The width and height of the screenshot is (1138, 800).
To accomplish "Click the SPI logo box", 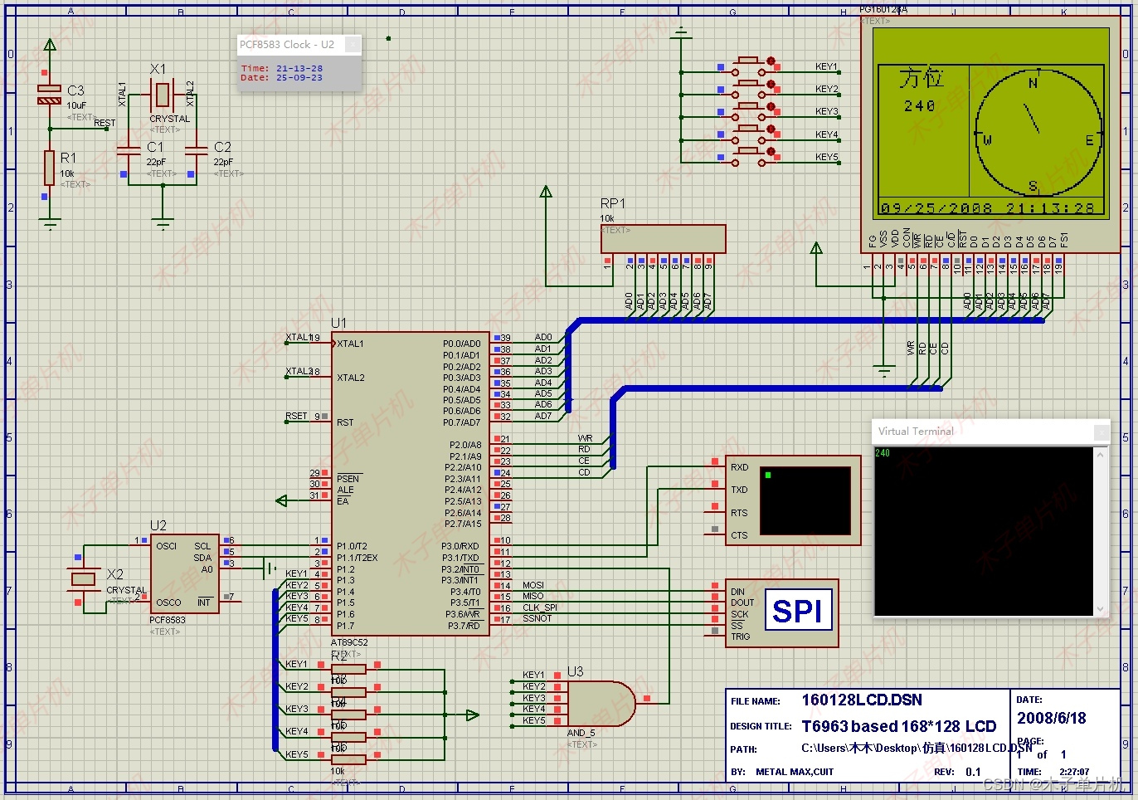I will coord(798,611).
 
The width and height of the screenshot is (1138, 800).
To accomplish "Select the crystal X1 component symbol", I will coord(163,94).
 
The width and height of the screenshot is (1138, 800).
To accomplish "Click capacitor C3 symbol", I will coord(50,95).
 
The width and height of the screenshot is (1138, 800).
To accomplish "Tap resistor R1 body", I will coord(50,168).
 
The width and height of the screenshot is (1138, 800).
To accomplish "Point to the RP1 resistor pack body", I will coord(663,239).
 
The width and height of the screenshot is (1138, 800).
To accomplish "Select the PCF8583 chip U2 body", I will coord(184,573).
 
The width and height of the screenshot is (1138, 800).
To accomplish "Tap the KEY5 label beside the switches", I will coord(826,157).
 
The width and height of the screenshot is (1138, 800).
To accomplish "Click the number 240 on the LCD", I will coord(919,106).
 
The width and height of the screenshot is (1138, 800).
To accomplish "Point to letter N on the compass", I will coord(1033,83).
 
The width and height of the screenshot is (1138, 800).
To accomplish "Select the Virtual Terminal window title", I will coord(916,432).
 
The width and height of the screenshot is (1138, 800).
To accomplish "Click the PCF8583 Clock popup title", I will coord(287,45).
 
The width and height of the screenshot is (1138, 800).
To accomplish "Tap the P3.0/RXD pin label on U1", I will coord(460,546).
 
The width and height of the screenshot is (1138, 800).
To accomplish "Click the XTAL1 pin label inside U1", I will coord(350,344).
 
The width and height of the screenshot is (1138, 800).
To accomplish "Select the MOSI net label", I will coord(533,585).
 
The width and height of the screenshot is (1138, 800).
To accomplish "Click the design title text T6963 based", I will coord(898,726).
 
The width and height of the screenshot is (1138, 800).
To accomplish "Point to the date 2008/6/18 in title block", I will coord(1051,718).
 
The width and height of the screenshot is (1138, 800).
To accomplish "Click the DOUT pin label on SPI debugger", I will coord(742,602).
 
